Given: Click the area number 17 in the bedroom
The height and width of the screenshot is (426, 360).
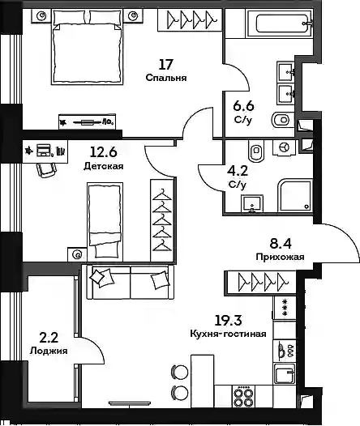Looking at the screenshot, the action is pos(166,65).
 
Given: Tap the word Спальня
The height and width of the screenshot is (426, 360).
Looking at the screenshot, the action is pos(166,78).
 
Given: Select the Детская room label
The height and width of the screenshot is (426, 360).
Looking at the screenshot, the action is pos(103,166).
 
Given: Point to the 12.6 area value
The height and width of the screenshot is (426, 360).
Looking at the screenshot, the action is pos(103,152).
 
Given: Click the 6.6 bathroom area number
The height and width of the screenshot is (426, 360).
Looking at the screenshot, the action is pos(243,105).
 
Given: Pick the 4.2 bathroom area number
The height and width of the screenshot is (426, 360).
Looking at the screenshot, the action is pos(238,171).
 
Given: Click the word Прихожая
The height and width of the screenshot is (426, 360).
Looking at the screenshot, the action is pos(280,257).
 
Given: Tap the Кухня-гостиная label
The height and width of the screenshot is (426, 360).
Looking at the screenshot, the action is pos(228,334).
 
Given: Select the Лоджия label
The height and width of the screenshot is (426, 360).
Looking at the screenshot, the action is pos(49,351).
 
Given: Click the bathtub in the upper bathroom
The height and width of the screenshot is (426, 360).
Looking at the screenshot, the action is pos(279,23).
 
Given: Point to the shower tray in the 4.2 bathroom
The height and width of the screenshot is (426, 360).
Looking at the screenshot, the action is pos(295,195).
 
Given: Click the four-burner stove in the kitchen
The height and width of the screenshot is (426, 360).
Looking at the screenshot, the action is pos(243,397).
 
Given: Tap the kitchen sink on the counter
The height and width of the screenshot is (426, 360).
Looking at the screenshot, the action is pos(285,374).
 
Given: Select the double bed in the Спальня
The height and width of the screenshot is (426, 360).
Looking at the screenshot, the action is pos(87,47).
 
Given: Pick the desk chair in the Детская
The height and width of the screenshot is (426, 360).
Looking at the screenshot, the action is pos(45,170).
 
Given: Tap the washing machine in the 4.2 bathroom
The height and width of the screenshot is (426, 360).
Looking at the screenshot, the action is pos(284,147).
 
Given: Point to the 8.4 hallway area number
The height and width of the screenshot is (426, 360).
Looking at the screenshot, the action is pos(281,244).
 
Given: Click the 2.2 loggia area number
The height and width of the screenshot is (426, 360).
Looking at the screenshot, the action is pos(49,338).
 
